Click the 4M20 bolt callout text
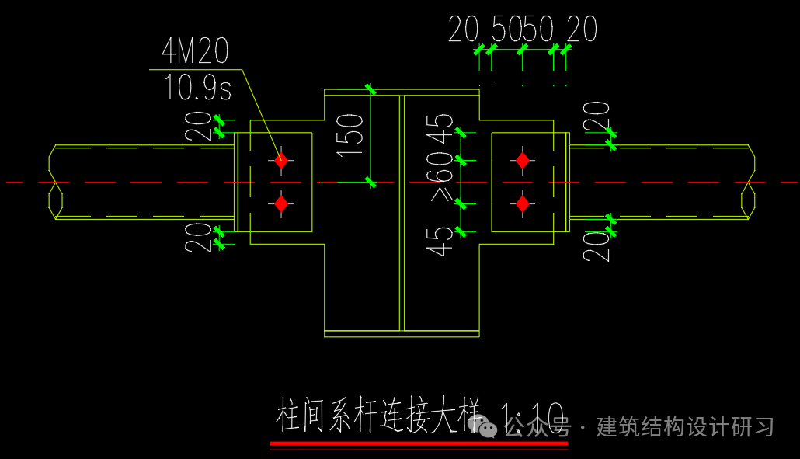(x=195, y=52)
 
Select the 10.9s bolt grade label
(x=197, y=88)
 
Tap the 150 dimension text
(x=353, y=134)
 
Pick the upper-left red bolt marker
(x=281, y=161)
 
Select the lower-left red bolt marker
(x=281, y=204)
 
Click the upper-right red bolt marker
(x=523, y=161)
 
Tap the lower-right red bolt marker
(x=523, y=204)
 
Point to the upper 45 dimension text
(x=443, y=128)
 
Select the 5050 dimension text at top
(x=523, y=30)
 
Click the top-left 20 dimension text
(x=198, y=126)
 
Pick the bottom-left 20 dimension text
(x=198, y=237)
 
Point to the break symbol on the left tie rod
(x=54, y=183)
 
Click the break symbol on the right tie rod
(x=749, y=183)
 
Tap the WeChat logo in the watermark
(x=489, y=427)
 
